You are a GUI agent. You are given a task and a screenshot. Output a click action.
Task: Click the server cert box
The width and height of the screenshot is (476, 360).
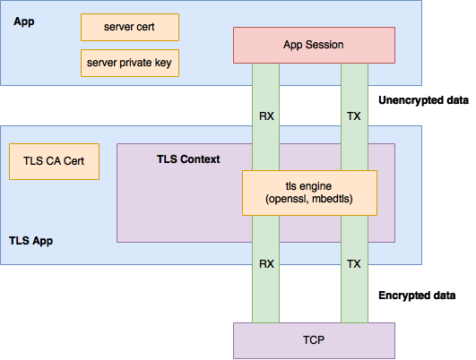[x=130, y=27]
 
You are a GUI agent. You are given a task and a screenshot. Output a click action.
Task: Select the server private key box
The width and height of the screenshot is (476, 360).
[x=130, y=62]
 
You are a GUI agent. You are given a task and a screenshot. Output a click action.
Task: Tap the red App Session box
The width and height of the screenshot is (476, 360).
[x=314, y=45]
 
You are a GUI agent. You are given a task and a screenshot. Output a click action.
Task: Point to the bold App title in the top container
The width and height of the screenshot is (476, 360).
[x=23, y=21]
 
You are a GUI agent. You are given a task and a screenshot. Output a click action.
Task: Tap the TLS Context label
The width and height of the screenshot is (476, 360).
[x=188, y=159]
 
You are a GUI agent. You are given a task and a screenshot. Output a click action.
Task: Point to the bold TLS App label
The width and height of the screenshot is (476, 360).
[x=31, y=241]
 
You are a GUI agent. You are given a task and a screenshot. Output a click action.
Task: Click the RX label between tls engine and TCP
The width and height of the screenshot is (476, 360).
[x=267, y=265]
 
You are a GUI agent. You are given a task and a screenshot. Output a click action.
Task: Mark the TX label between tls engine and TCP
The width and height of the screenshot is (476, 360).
[x=354, y=265]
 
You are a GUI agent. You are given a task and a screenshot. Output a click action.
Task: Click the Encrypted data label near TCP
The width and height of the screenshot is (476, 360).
[x=418, y=295]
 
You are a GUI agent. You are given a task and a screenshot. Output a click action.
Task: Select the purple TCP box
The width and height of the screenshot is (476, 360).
[x=314, y=339]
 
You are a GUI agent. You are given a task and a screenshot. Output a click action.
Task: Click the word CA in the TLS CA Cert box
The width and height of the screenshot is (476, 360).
[x=51, y=162]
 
